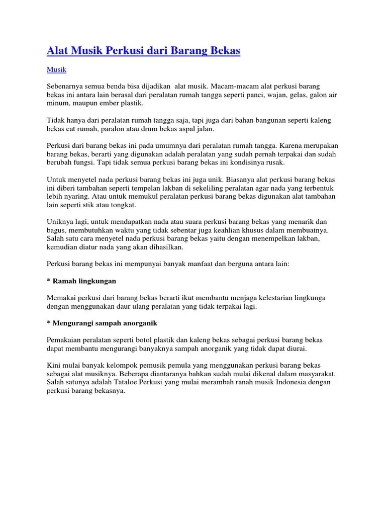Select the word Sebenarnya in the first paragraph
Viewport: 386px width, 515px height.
[64, 87]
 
